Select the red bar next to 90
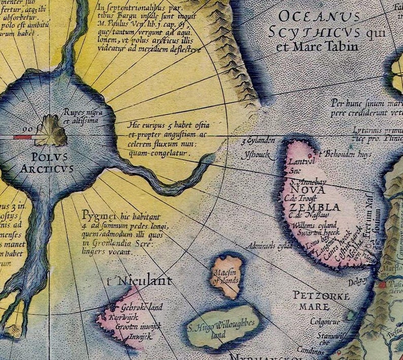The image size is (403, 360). [22, 137]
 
